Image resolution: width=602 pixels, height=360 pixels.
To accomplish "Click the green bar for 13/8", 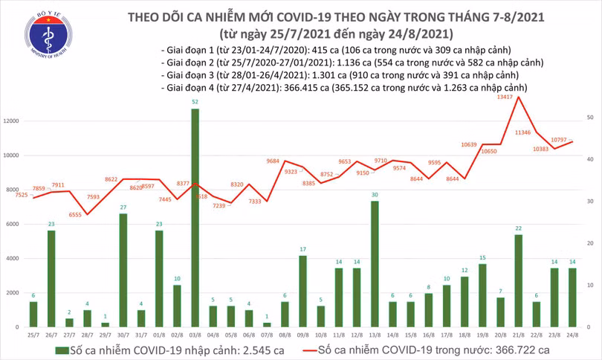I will (375, 263).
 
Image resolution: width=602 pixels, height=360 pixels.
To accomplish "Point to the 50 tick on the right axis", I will (588, 118).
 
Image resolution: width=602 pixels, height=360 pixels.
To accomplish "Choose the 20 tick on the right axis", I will (588, 243).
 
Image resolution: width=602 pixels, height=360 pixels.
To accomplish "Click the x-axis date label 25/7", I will (33, 335).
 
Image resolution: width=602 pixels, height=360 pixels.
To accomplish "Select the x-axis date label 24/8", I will (572, 335).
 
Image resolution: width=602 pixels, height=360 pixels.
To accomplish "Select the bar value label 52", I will (195, 101).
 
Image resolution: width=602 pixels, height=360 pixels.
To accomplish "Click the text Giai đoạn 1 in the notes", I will (185, 49).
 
